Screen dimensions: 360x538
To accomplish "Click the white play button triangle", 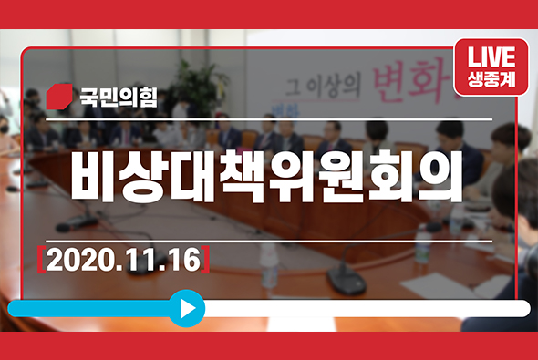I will click(188, 308).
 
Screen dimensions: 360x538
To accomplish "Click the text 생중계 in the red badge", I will click(491, 78).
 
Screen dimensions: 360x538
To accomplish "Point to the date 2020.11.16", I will click(124, 259).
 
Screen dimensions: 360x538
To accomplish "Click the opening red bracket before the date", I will click(43, 259).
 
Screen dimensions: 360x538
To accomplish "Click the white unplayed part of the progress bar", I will click(365, 308).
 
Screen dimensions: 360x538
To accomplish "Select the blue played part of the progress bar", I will click(91, 308).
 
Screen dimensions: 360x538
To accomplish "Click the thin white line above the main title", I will click(269, 119).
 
